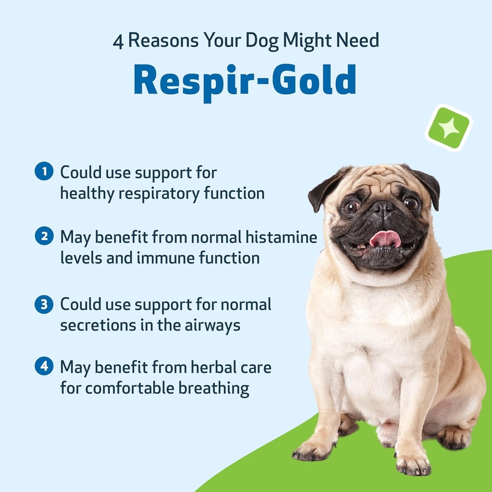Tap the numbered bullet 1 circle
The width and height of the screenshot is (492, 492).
pyautogui.click(x=44, y=172)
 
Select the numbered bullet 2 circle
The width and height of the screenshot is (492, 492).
pyautogui.click(x=44, y=236)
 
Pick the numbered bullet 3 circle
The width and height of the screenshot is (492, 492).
pyautogui.click(x=44, y=304)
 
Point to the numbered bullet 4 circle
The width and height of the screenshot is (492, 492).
pyautogui.click(x=44, y=367)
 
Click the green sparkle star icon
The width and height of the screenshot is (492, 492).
pyautogui.click(x=449, y=127)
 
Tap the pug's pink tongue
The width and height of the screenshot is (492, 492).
pyautogui.click(x=385, y=238)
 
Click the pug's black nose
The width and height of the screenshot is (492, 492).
pyautogui.click(x=383, y=208)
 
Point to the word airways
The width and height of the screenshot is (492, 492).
pyautogui.click(x=212, y=325)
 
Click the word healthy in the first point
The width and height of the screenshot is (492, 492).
pyautogui.click(x=87, y=193)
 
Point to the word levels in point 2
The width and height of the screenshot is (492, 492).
pyautogui.click(x=79, y=258)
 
